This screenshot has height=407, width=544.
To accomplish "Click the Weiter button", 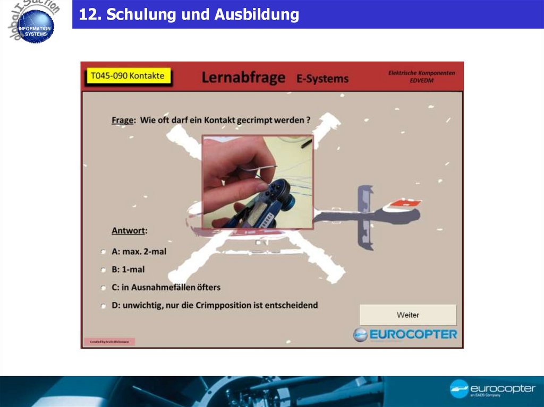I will pos(408,315).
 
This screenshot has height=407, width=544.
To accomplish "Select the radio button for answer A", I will pos(103,252).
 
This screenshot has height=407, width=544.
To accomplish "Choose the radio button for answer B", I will pos(103,270).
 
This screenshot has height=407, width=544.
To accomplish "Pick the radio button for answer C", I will pos(103,288).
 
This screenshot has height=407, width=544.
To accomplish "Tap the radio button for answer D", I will pos(103,306).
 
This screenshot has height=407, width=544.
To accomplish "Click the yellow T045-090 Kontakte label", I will pos(127,76).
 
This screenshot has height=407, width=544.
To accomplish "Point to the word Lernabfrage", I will pos(243,78).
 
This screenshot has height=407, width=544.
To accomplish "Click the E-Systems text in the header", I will pos(322,79).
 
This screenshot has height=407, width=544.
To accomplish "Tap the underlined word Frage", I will pos(123,120).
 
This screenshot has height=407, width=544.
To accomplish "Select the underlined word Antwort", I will pos(129,231).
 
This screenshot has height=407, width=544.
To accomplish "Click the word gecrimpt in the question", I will pos(248,120).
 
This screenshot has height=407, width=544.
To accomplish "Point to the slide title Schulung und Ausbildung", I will pos(189,14).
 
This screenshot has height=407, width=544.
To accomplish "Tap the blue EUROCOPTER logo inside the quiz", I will pos(405,335).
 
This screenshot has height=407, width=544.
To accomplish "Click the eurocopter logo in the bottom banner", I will pos(492,389).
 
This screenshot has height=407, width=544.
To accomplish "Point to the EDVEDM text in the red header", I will pos(421,81).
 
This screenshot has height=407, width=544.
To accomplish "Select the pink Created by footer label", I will pos(109,342).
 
